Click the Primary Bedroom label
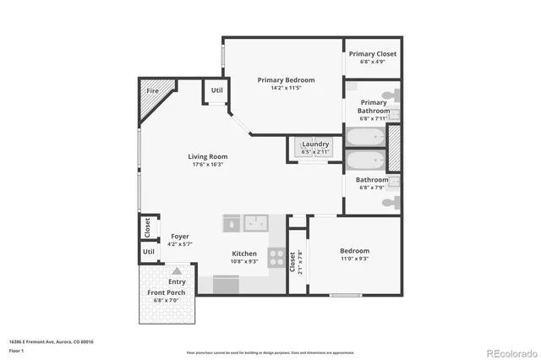286,80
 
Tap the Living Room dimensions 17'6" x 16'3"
205,165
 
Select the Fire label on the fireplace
153,90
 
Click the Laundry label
315,144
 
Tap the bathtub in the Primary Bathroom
364,137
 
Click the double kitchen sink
256,223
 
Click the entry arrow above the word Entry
177,270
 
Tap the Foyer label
180,237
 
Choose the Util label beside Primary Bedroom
216,90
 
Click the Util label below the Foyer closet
149,251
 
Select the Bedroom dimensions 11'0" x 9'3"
354,259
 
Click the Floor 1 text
16,349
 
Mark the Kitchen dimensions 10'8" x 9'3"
244,262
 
